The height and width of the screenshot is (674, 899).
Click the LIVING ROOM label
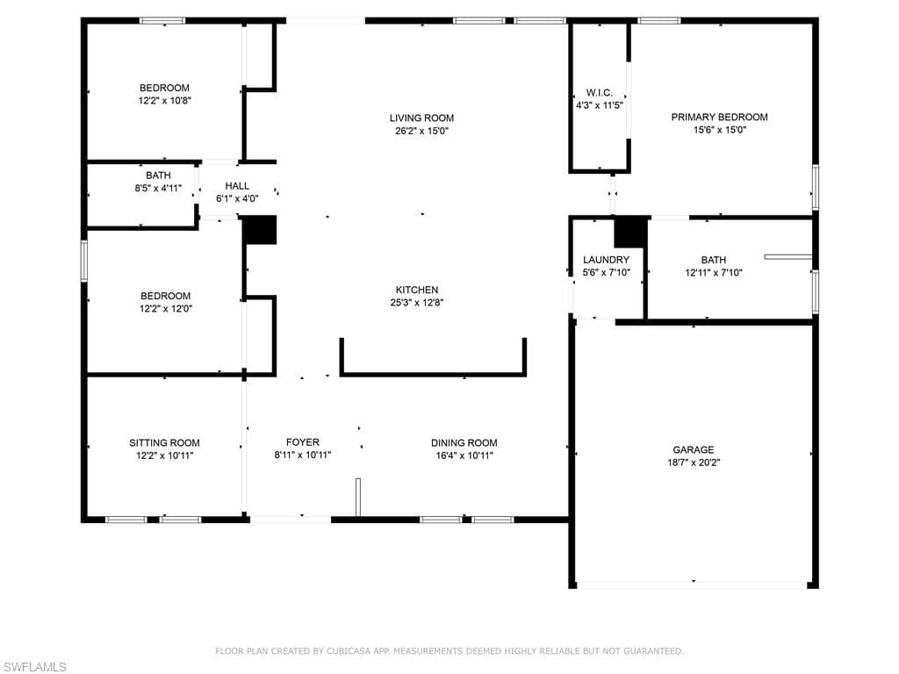tap(421, 118)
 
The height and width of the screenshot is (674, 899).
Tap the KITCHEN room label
tap(417, 290)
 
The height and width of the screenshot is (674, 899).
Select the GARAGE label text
tap(694, 450)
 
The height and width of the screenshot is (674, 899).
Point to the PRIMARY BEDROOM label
tap(720, 117)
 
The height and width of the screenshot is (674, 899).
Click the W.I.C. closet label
tap(599, 92)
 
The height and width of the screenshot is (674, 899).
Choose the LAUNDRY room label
tap(606, 260)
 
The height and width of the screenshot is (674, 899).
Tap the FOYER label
tap(303, 442)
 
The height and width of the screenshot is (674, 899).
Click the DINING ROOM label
tap(464, 443)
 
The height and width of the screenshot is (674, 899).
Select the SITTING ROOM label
tap(164, 443)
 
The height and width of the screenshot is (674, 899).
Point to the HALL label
tap(237, 186)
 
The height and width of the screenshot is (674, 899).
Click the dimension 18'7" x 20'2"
tap(694, 462)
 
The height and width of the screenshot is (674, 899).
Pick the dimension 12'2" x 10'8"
tap(164, 100)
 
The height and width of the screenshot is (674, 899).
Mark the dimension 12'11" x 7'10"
tap(714, 273)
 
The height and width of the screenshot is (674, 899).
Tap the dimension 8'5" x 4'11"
tap(158, 188)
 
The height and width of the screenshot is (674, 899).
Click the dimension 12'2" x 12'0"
tap(166, 308)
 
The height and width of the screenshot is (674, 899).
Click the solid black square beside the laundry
tap(630, 232)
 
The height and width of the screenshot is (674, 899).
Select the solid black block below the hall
tap(260, 230)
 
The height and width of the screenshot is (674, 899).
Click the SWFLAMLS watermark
tap(34, 667)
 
